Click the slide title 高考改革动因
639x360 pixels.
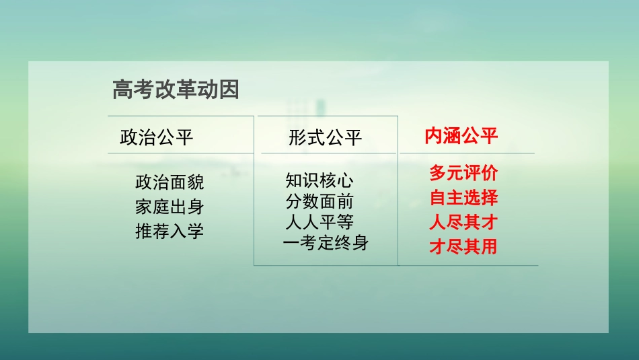(176, 89)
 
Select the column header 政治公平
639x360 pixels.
(156, 137)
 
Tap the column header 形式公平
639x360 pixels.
(326, 137)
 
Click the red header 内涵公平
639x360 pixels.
(461, 136)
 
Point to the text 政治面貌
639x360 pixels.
(170, 182)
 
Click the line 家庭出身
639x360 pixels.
(170, 207)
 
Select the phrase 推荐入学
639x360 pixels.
(170, 231)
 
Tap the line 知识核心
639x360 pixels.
(319, 181)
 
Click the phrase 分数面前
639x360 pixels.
(319, 202)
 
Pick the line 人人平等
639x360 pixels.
(319, 222)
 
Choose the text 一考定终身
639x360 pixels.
(326, 243)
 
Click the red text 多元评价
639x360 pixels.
(463, 174)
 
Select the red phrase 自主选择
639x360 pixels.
(463, 198)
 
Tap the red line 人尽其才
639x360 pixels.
(463, 222)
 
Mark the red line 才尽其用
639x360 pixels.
(463, 247)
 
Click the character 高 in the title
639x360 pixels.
(122, 89)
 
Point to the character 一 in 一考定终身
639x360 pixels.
(291, 243)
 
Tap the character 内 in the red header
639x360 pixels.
(433, 136)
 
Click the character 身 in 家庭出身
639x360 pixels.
(195, 207)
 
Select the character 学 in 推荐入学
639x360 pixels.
(195, 231)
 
